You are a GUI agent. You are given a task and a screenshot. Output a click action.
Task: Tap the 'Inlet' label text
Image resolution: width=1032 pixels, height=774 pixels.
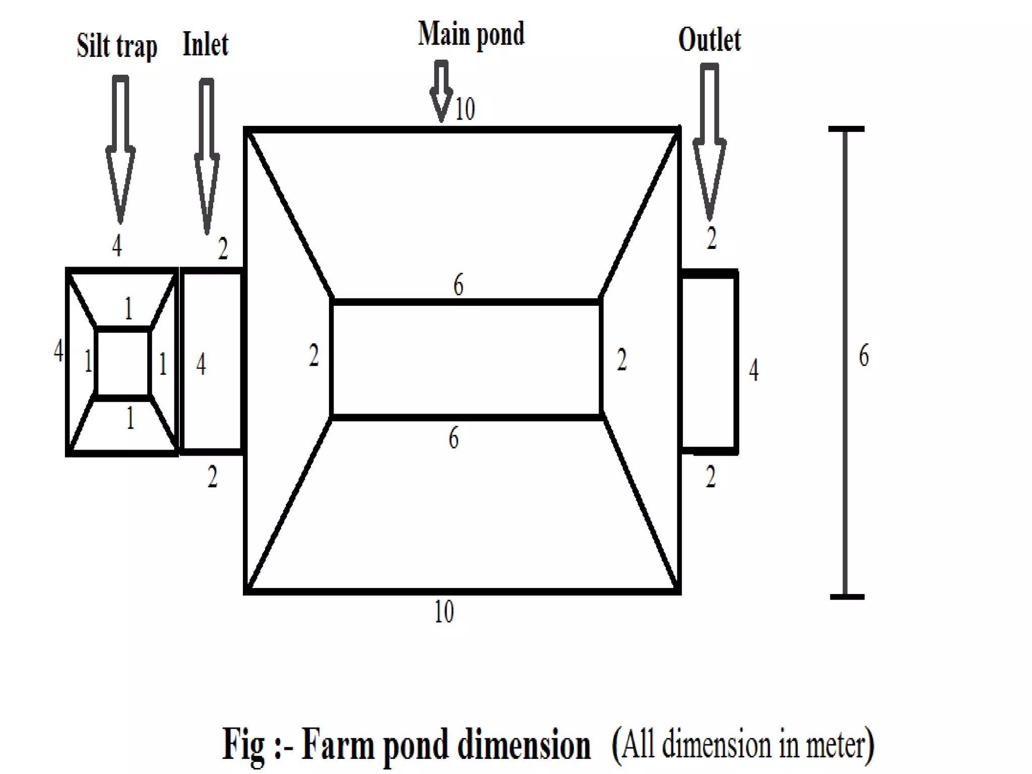click(x=205, y=44)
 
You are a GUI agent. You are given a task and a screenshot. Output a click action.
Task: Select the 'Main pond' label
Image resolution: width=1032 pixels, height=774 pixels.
click(x=471, y=35)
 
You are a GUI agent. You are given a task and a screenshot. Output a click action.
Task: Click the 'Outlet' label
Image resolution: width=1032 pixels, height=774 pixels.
click(x=709, y=40)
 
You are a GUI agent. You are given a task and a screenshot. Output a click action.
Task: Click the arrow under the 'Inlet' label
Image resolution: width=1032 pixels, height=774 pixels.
click(x=207, y=156)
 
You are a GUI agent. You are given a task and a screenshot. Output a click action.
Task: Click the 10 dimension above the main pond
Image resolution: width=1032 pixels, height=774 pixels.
click(x=465, y=109)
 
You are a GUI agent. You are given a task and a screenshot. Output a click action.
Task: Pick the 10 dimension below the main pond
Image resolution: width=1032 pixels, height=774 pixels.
click(x=444, y=612)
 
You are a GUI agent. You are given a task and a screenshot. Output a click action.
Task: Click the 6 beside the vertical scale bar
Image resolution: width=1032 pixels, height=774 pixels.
click(x=864, y=355)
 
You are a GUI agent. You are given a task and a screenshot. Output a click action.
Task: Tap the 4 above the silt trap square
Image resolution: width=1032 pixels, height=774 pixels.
click(x=117, y=246)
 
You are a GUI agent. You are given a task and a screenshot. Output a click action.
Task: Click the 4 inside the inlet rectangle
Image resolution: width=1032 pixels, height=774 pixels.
click(x=201, y=364)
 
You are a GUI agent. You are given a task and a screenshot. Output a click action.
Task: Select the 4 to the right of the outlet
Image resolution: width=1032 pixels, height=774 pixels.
click(x=753, y=370)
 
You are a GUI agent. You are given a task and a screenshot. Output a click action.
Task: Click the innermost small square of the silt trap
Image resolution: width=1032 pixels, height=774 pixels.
click(x=122, y=363)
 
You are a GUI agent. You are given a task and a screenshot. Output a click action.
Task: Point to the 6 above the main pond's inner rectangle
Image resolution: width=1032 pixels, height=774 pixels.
click(x=458, y=285)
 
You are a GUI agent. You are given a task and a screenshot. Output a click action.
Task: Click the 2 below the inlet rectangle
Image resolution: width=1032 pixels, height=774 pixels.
click(x=212, y=477)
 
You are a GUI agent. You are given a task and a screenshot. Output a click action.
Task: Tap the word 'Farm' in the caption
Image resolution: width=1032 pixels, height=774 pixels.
click(x=338, y=745)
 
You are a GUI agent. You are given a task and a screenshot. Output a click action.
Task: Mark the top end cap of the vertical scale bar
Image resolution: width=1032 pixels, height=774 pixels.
click(x=846, y=130)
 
